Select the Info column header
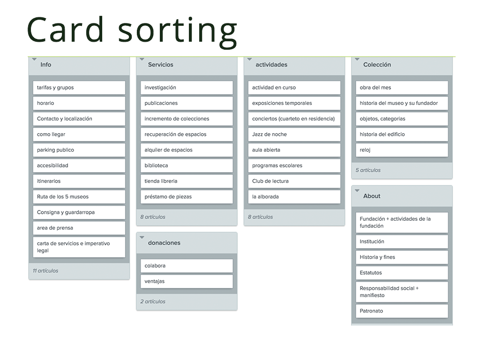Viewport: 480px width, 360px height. tap(45, 65)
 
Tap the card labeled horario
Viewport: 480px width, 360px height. tap(79, 103)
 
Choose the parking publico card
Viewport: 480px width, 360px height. tap(79, 150)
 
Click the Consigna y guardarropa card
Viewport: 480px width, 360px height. tap(79, 212)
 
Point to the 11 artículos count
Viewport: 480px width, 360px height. tap(45, 270)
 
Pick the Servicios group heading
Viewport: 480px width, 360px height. tap(161, 65)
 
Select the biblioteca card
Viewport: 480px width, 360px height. tap(187, 165)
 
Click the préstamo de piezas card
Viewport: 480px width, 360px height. tap(187, 197)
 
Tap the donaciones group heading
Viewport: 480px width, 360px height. tap(164, 243)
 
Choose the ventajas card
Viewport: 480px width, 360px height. tap(187, 281)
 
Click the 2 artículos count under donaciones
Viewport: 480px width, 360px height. tap(153, 301)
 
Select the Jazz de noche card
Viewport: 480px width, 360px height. tap(294, 135)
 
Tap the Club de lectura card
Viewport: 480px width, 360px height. tap(294, 181)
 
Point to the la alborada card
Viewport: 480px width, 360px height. tap(294, 197)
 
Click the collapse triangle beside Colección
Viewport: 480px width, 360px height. tap(357, 59)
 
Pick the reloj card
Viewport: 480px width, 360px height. tap(402, 150)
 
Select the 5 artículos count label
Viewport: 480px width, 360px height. tap(368, 170)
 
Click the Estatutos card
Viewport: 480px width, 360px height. tap(402, 273)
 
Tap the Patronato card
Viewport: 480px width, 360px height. tap(402, 311)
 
